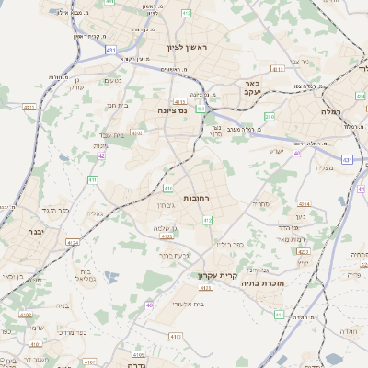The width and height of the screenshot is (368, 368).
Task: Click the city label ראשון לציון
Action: pyautogui.click(x=188, y=47)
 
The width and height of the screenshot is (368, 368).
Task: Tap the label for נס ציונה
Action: pyautogui.click(x=171, y=110)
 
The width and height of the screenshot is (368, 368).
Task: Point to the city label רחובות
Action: pyautogui.click(x=197, y=198)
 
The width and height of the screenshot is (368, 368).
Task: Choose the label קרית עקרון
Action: pyautogui.click(x=218, y=275)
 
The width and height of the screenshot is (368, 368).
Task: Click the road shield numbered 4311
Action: pyautogui.click(x=29, y=107)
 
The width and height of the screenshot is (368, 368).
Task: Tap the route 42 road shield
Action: pyautogui.click(x=102, y=155)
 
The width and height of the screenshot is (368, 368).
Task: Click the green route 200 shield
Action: pyautogui.click(x=270, y=117)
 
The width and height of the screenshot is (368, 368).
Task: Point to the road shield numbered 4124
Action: pyautogui.click(x=73, y=243)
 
